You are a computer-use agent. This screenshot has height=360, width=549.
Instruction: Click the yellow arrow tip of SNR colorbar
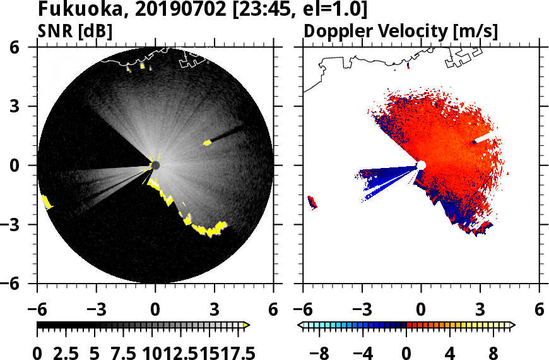click(247, 325)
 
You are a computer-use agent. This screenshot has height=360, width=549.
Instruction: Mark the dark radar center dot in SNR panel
click(155, 165)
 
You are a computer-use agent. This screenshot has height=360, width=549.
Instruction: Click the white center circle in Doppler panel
click(421, 165)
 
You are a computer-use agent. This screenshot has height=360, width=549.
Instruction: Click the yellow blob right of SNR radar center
click(207, 143)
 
